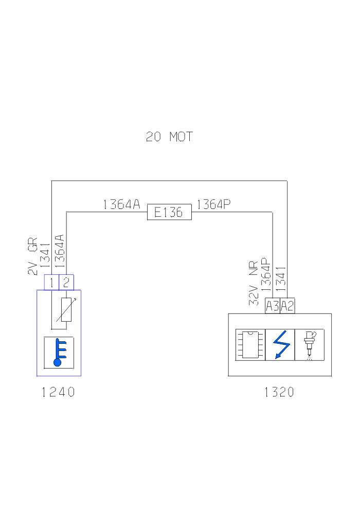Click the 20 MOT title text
[x=169, y=137]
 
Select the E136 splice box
[x=169, y=212]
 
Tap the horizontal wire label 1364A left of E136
[x=121, y=204]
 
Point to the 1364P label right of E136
[x=213, y=204]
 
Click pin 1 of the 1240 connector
[x=52, y=282]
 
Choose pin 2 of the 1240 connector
[x=66, y=282]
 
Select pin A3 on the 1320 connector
[x=272, y=306]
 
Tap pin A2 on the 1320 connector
[x=287, y=306]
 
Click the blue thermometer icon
[x=59, y=353]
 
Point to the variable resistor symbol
[x=66, y=310]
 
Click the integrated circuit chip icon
[x=250, y=344]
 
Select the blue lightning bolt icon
[x=280, y=344]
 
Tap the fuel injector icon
[x=309, y=344]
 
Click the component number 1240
[x=58, y=392]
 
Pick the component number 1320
[x=279, y=392]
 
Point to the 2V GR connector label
[x=33, y=256]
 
